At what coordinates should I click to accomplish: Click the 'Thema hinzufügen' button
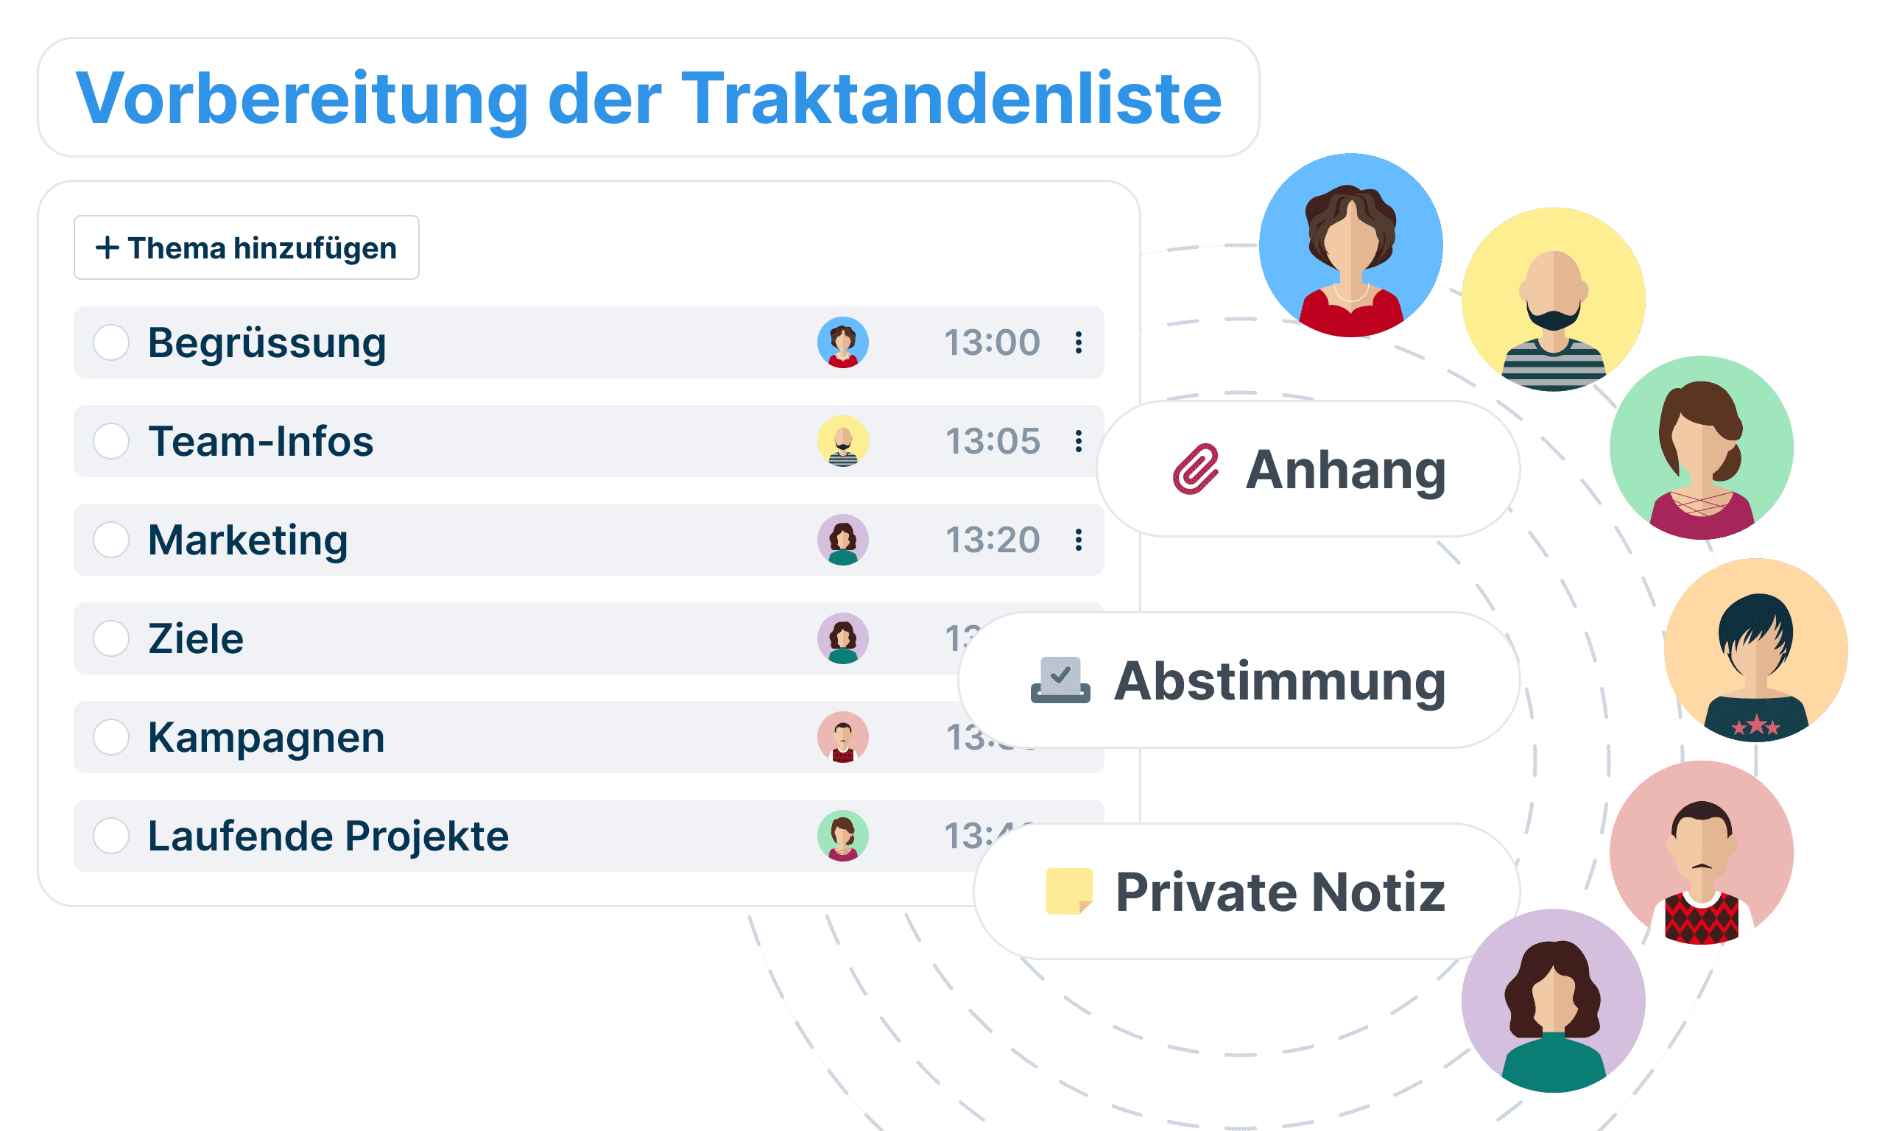(x=246, y=247)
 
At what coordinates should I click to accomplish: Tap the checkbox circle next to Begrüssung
(x=111, y=342)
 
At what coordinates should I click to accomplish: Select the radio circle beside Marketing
(x=111, y=540)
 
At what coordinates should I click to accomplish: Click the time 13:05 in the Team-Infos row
(x=992, y=441)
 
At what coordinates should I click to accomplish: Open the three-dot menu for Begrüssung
(x=1079, y=342)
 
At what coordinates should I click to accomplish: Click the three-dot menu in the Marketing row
(x=1079, y=540)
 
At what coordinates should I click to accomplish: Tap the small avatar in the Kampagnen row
(x=842, y=737)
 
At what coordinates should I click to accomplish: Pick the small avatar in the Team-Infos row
(x=842, y=441)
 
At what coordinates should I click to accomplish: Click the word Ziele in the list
(x=196, y=638)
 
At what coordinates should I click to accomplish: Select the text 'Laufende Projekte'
(x=328, y=836)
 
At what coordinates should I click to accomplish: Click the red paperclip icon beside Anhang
(x=1196, y=470)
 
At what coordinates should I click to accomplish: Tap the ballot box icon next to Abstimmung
(x=1060, y=680)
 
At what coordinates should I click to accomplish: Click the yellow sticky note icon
(x=1069, y=891)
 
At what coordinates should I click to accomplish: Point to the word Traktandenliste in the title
(x=951, y=99)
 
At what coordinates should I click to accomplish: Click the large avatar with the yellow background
(x=1553, y=299)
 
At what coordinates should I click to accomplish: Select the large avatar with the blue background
(x=1350, y=244)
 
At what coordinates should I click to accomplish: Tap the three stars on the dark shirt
(x=1755, y=725)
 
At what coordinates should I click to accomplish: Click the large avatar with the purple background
(x=1553, y=1001)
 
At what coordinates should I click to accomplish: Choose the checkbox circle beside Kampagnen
(x=111, y=737)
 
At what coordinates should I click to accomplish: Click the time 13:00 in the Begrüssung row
(x=992, y=342)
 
